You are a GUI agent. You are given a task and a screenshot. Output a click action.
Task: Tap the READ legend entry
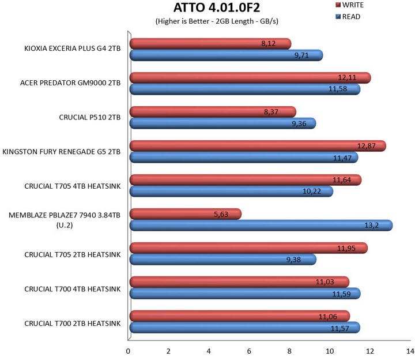[x=350, y=17]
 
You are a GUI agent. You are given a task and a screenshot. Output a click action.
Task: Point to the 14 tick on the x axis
[x=409, y=350]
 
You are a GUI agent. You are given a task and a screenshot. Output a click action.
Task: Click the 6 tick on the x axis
[x=249, y=350]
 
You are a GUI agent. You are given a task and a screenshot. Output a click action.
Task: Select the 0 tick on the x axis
[x=128, y=350]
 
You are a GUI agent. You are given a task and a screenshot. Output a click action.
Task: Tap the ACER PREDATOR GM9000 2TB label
[x=70, y=83]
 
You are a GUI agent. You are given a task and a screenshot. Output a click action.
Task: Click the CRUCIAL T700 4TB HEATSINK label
[x=72, y=288]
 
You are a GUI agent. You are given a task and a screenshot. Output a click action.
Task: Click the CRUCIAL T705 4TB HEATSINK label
[x=72, y=186]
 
